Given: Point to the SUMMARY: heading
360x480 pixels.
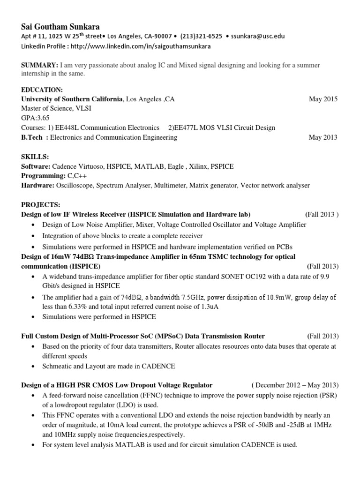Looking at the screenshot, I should [x=40, y=65].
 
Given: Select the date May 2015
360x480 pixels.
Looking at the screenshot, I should [x=323, y=99].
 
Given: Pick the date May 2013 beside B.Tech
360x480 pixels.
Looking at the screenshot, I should [x=323, y=137].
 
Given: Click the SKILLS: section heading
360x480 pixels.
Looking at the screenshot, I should [x=35, y=157].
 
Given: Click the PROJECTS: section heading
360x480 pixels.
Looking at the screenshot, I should [x=41, y=205].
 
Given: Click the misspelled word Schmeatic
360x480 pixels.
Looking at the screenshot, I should [x=57, y=366].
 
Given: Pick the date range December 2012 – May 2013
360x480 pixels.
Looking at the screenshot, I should [x=295, y=385].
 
